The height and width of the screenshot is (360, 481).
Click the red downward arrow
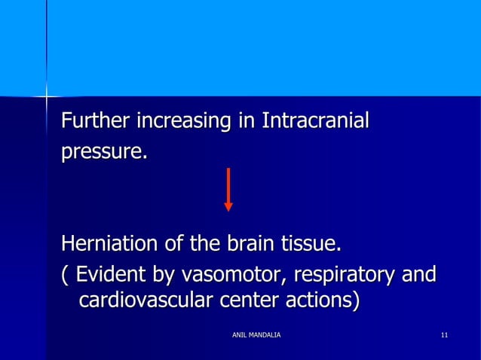tap(228, 189)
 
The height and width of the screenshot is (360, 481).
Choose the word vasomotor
tap(225, 275)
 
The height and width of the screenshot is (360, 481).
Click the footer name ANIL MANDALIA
tap(256, 334)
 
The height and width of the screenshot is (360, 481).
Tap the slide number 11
tap(445, 334)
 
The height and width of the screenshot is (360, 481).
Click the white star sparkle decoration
tap(47, 96)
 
